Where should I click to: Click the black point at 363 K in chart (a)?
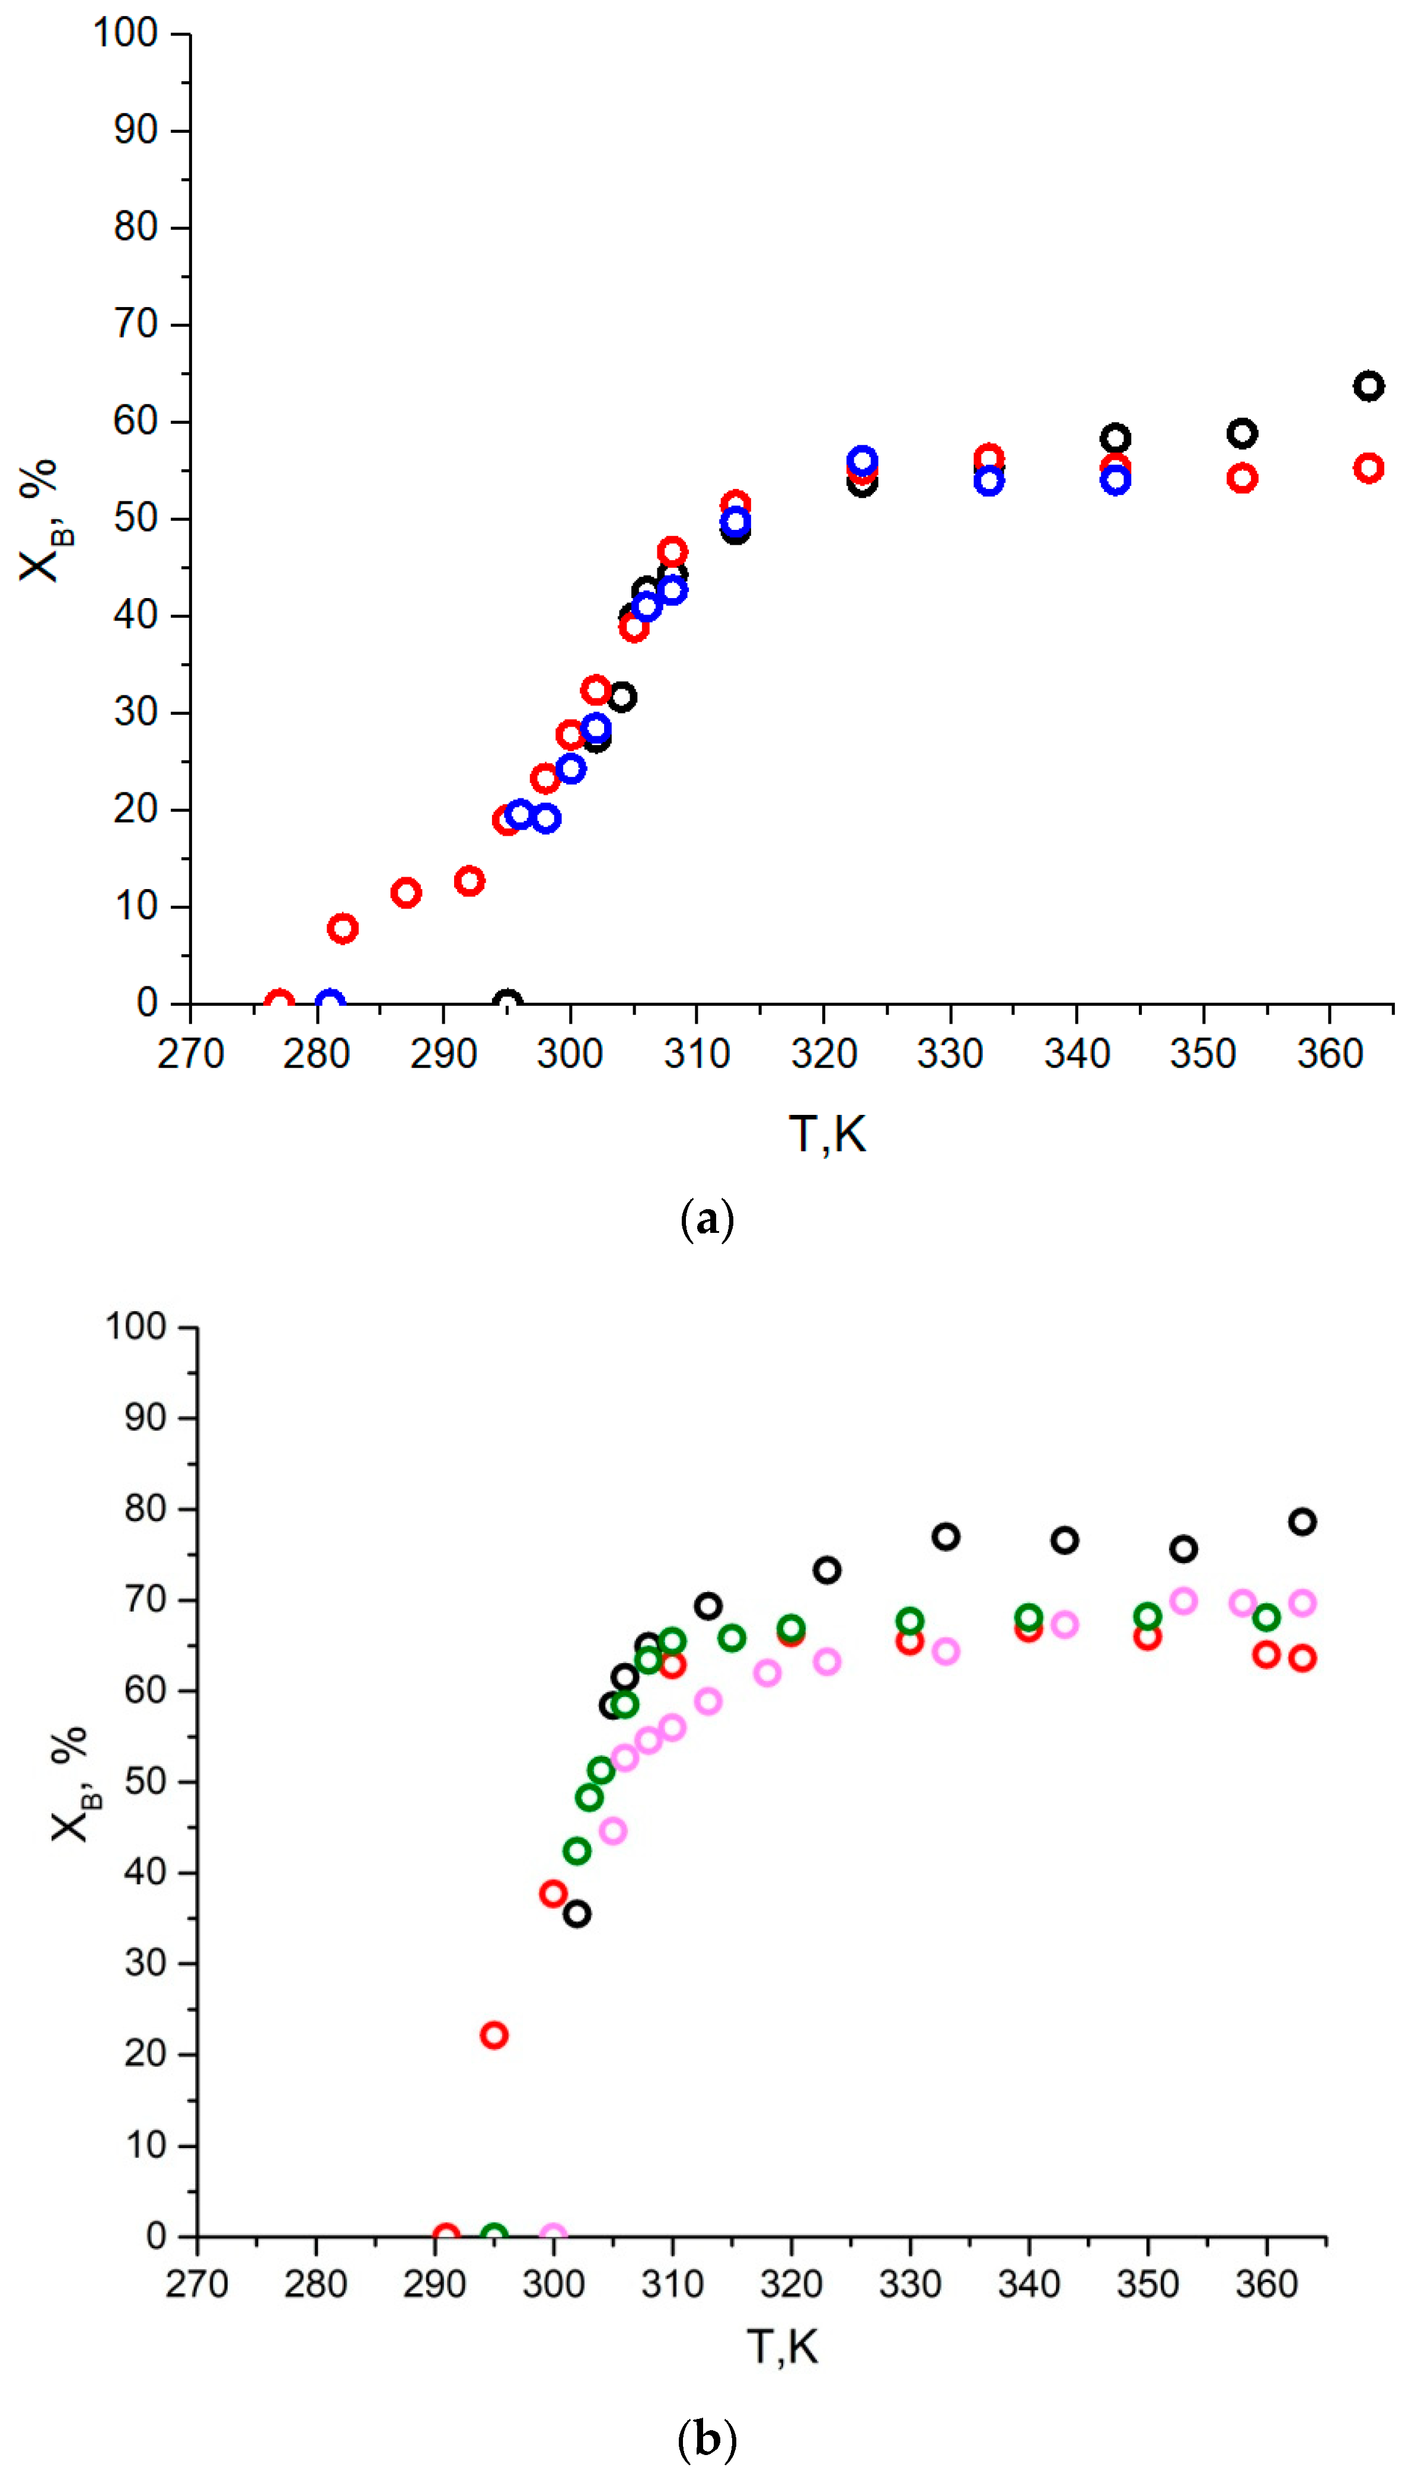tap(1367, 386)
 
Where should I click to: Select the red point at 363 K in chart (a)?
tap(1367, 468)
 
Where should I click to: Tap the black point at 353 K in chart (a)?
tap(1241, 433)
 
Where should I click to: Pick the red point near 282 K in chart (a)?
tap(342, 928)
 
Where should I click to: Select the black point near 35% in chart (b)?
tap(576, 1913)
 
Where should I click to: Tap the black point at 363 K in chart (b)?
tap(1302, 1522)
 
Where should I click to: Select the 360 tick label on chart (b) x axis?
tap(1266, 2284)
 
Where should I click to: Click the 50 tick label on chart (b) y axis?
tap(145, 1781)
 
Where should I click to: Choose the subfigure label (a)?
tap(707, 1220)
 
